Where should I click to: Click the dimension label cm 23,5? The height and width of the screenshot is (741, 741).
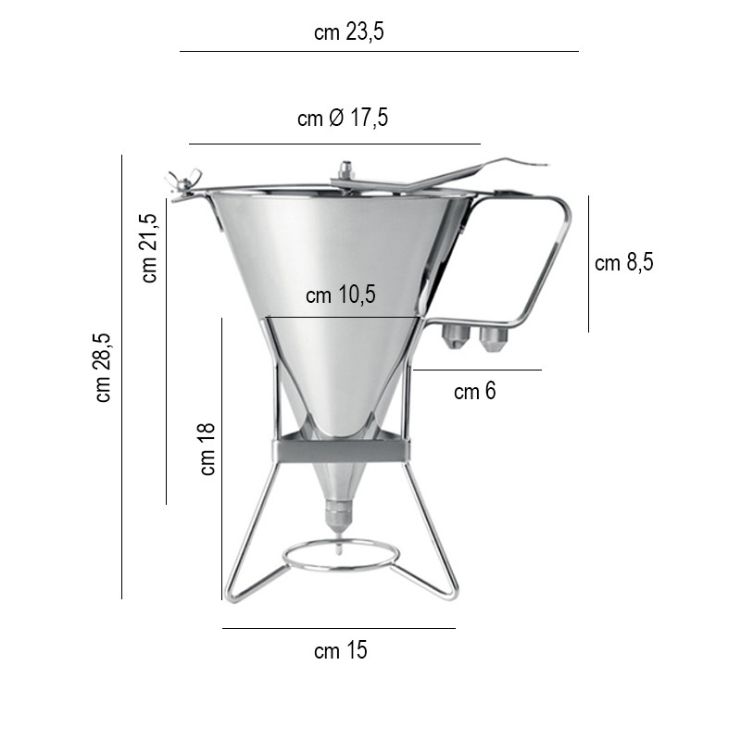tap(349, 32)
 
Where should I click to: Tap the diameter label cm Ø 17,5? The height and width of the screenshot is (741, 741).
tap(343, 118)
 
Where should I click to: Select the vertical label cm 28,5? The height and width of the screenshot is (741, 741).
tap(103, 368)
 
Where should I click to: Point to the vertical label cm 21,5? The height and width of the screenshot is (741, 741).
tap(149, 248)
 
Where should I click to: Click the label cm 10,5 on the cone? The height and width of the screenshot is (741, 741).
tap(340, 295)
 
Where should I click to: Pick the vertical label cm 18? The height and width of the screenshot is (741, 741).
tap(207, 449)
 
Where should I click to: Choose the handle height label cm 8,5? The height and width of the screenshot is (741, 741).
tap(623, 262)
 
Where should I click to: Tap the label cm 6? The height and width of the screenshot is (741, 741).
tap(475, 391)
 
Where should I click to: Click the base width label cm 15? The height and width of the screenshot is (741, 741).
tap(340, 650)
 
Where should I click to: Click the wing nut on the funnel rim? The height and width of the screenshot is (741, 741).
tap(182, 182)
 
